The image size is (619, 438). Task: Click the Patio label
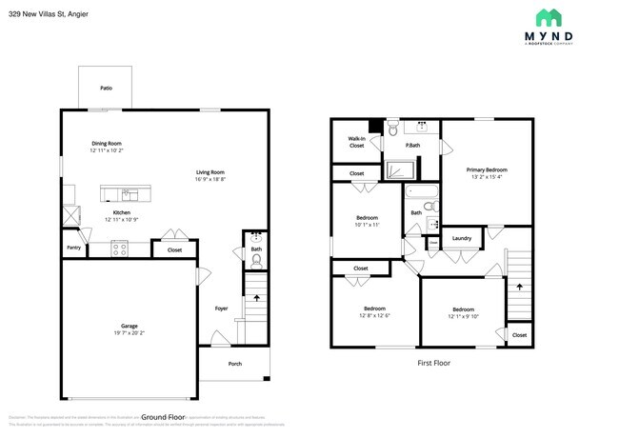coord(106,89)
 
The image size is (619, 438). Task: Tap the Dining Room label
coord(106,143)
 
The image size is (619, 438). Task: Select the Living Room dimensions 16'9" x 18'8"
coord(210,179)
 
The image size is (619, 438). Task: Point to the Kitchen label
coord(122,212)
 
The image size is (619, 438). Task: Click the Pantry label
coord(73,248)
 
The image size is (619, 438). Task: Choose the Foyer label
coord(221,309)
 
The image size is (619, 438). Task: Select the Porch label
coord(234,364)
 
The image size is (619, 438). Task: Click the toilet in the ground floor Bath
coord(256,258)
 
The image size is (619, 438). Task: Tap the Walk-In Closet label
coord(356,142)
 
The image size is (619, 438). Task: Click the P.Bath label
coord(413,146)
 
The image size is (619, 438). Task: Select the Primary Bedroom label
coord(487,169)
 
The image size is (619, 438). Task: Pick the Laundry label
coord(462,238)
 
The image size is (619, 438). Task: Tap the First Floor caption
coord(433,363)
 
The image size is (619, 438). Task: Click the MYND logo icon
coord(548,18)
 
